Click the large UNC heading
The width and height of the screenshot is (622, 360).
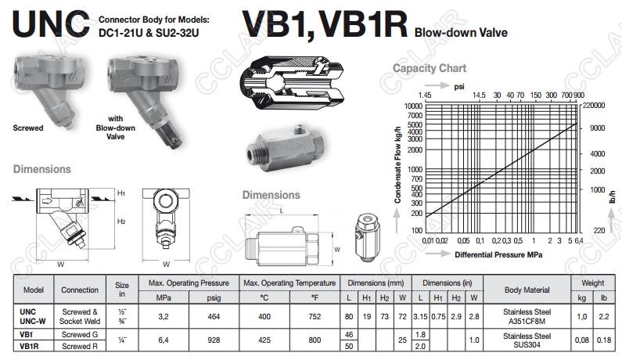pyautogui.click(x=51, y=24)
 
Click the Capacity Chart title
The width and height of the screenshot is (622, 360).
pyautogui.click(x=430, y=68)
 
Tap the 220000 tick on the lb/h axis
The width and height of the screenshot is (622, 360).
pyautogui.click(x=594, y=105)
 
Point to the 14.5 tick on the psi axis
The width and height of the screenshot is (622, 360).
pyautogui.click(x=479, y=95)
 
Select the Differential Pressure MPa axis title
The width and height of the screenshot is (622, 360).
pyautogui.click(x=498, y=255)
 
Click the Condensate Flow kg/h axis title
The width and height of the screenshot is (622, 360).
pyautogui.click(x=398, y=165)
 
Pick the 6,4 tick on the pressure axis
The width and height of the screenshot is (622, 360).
pyautogui.click(x=579, y=240)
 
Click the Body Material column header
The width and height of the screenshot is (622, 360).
pyautogui.click(x=527, y=290)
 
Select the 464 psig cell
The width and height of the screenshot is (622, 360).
pyautogui.click(x=214, y=316)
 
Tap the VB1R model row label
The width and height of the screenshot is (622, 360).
pyautogui.click(x=29, y=346)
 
